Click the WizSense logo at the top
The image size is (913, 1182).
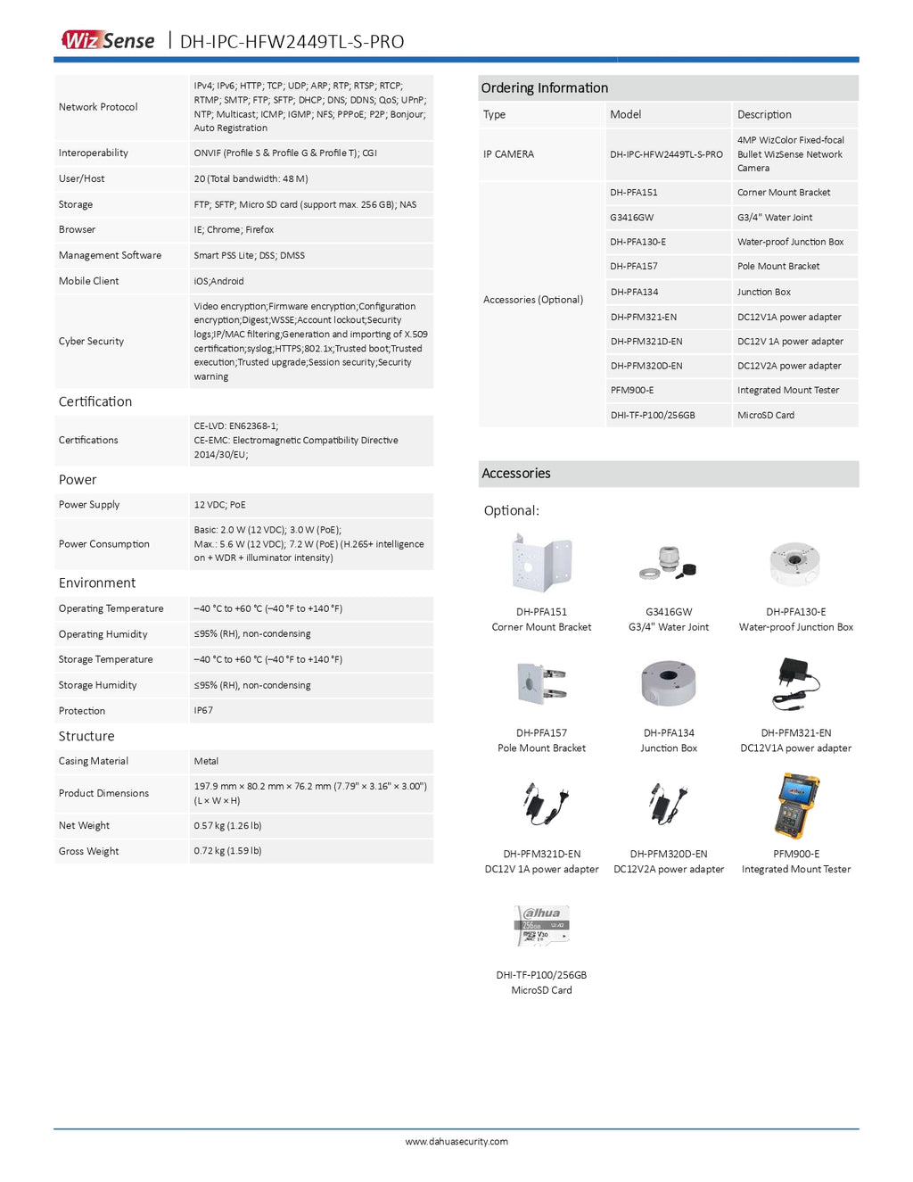tap(108, 40)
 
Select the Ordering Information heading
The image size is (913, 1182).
tap(545, 87)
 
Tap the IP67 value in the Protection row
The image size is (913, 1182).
tap(203, 711)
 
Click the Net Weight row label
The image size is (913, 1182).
tap(85, 826)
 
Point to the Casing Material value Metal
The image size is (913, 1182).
tap(206, 762)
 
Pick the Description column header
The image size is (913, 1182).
tap(764, 114)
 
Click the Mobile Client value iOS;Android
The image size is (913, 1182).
tap(218, 281)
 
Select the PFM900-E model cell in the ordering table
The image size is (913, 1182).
tap(632, 391)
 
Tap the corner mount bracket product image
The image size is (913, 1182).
tap(542, 563)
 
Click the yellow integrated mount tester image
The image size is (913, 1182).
tap(796, 806)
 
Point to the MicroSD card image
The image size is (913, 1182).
tap(542, 926)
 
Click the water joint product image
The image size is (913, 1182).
tap(668, 565)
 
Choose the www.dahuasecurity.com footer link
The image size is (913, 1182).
tap(456, 1142)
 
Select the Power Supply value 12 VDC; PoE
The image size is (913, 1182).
tap(219, 505)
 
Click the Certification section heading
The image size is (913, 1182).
tap(95, 402)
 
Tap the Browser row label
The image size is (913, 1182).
tap(77, 230)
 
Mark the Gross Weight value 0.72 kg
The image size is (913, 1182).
tap(227, 851)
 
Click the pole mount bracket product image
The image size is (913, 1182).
tap(542, 684)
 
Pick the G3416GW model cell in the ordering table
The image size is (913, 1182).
tap(632, 218)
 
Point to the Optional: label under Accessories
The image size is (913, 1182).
tap(511, 511)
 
